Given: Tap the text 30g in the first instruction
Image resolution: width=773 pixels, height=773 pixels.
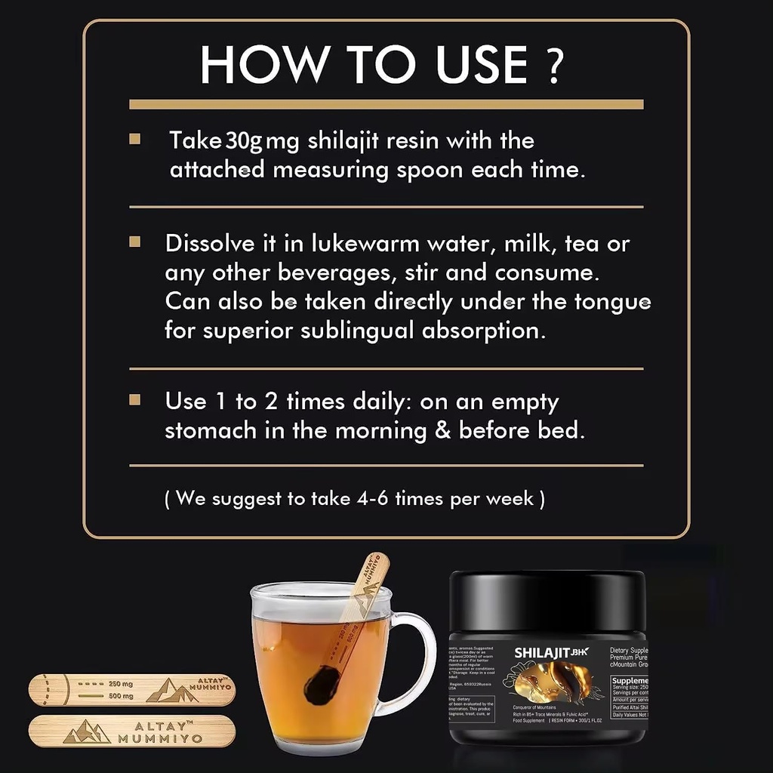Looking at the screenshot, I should [245, 141].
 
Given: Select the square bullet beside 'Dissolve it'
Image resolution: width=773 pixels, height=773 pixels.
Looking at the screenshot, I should [135, 242].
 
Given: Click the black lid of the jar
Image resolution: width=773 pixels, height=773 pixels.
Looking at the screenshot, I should [547, 600].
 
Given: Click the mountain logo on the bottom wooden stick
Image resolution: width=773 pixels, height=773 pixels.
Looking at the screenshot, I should [88, 731].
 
